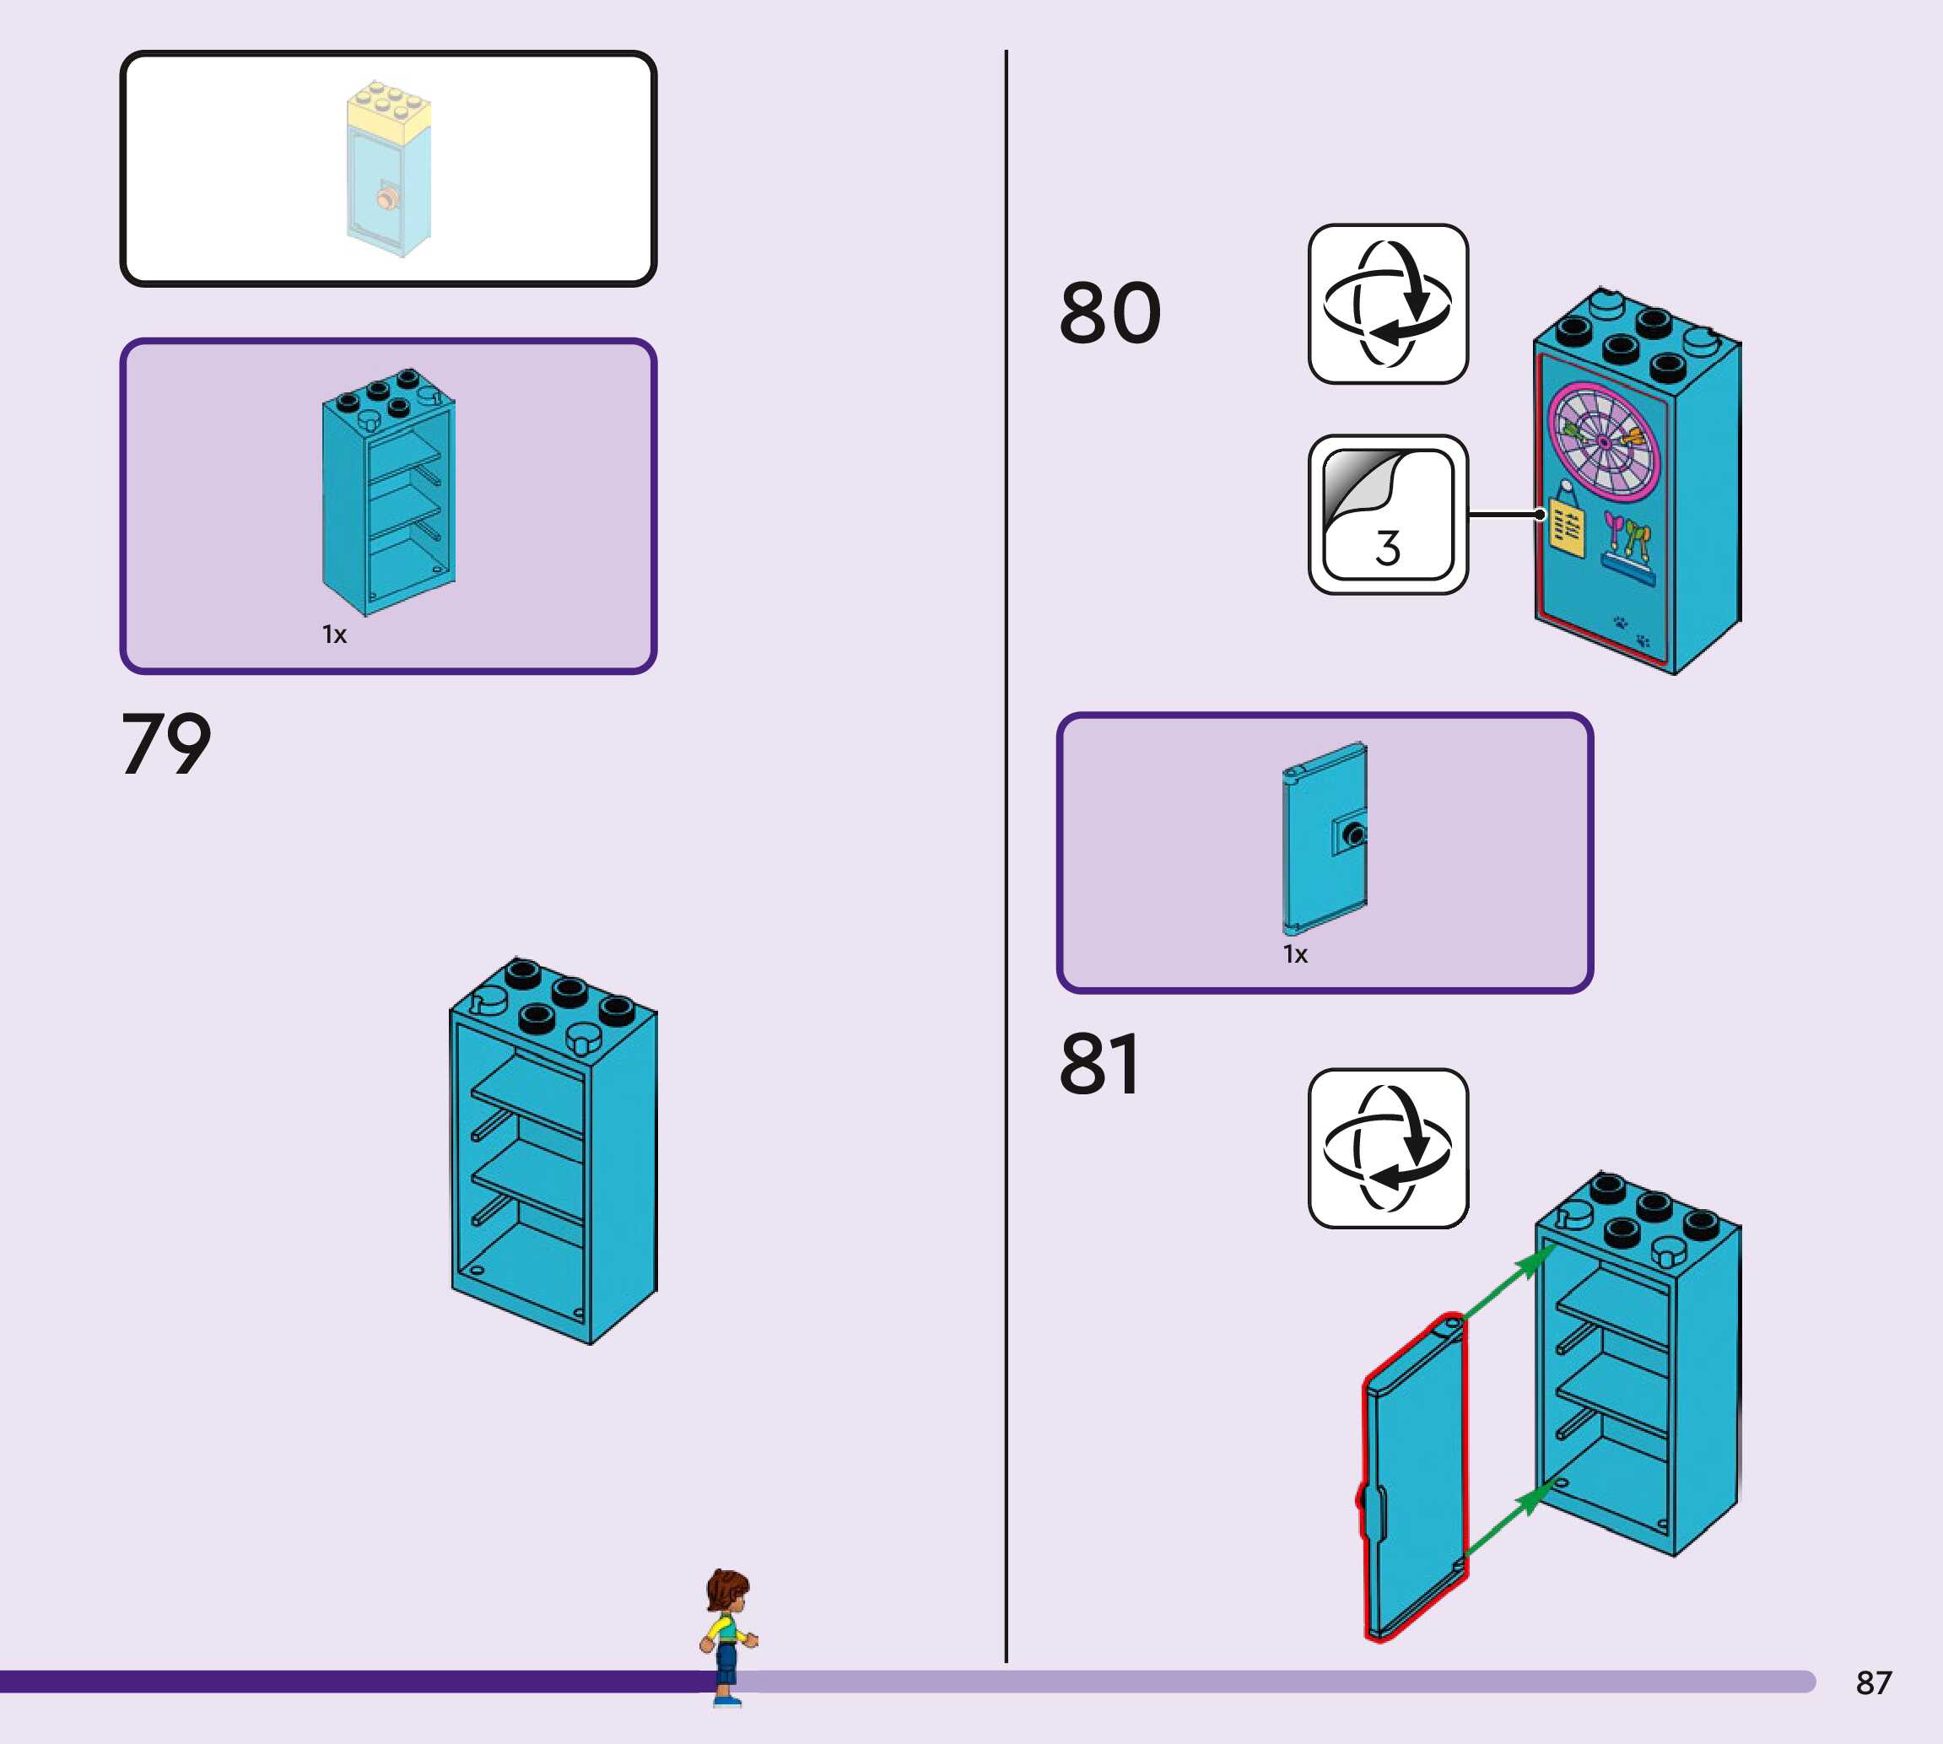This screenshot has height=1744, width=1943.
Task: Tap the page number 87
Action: click(1873, 1682)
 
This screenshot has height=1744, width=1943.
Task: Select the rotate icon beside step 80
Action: click(1387, 304)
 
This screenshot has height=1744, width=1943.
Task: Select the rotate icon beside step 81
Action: click(1387, 1148)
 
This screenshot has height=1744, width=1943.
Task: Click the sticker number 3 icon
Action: click(1387, 515)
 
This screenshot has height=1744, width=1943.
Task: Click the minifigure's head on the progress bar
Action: click(728, 1594)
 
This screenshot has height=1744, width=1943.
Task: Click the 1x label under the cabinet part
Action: click(333, 634)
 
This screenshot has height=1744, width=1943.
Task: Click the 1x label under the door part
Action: click(1294, 954)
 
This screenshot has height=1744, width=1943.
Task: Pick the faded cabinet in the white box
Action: click(389, 169)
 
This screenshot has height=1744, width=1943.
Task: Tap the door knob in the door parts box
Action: click(1352, 834)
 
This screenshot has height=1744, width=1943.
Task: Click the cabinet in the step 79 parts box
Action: click(388, 490)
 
